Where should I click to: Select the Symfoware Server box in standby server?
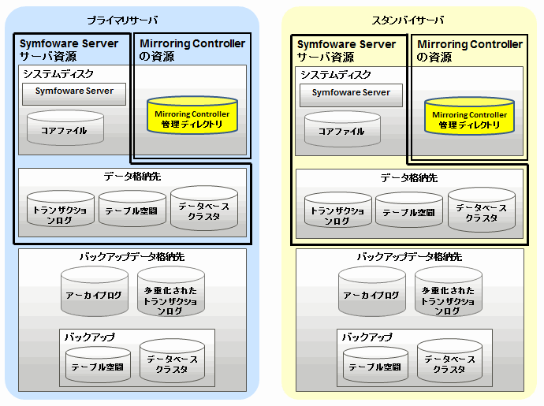[351, 94]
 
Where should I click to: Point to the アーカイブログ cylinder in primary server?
[94, 293]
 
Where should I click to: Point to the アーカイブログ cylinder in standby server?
[371, 293]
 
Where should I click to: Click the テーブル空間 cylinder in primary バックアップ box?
[98, 365]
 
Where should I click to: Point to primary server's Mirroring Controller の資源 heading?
[192, 50]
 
